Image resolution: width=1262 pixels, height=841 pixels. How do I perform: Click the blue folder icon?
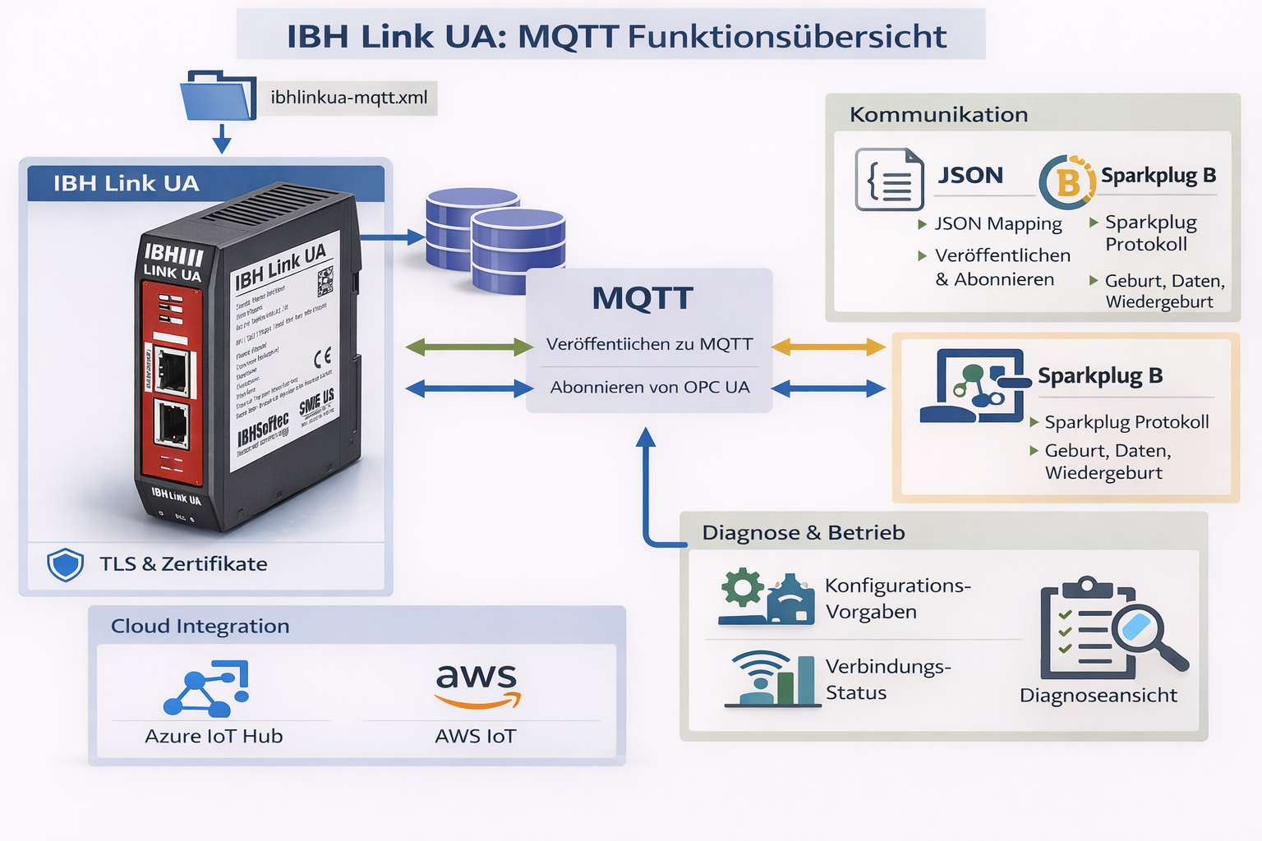(x=218, y=97)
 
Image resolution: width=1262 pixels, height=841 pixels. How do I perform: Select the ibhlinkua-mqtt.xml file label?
(x=349, y=98)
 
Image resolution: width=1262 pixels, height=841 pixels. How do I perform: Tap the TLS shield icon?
(x=65, y=564)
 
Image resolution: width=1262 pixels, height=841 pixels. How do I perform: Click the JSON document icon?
(x=889, y=179)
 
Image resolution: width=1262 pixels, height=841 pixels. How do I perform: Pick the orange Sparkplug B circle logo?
(x=1067, y=182)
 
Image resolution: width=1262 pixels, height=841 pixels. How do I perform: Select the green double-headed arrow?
(x=469, y=347)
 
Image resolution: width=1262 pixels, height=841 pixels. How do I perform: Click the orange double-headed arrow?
(x=828, y=347)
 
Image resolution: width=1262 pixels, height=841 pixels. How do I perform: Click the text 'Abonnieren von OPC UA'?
(x=650, y=388)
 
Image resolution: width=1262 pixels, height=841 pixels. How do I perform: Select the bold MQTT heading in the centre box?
(x=643, y=298)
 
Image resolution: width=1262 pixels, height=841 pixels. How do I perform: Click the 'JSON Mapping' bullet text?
(x=997, y=223)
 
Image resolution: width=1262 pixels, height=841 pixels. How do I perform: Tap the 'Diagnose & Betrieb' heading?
(x=803, y=533)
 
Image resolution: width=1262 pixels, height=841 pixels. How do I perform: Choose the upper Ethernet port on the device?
(x=173, y=370)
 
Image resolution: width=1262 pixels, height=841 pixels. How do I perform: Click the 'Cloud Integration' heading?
(x=200, y=626)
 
